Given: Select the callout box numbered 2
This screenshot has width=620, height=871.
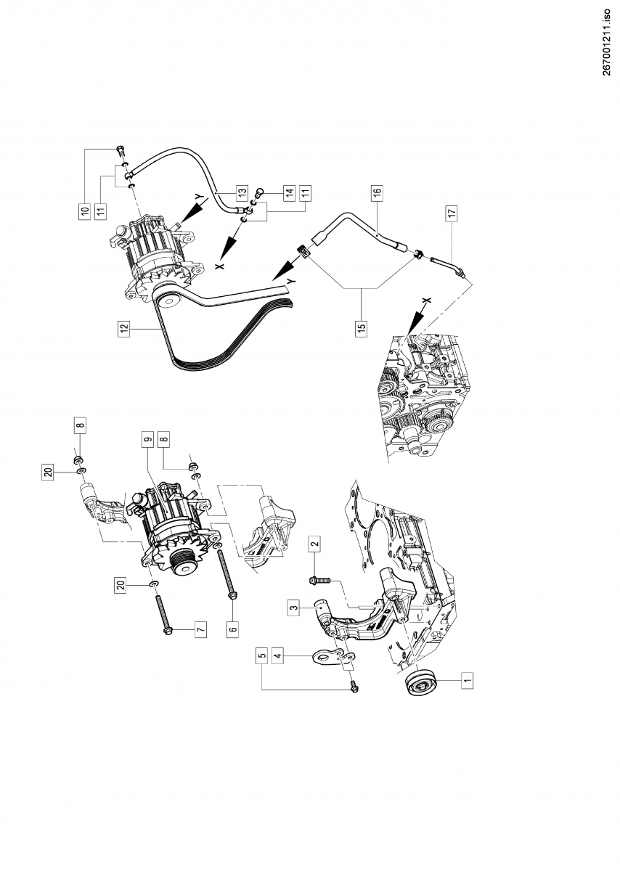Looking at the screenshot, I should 314,543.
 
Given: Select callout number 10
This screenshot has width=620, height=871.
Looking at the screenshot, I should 85,211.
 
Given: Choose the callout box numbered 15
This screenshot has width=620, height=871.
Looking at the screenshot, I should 362,327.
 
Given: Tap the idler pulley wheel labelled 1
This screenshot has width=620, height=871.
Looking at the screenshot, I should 420,684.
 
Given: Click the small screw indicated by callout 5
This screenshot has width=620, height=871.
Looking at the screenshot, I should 354,684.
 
